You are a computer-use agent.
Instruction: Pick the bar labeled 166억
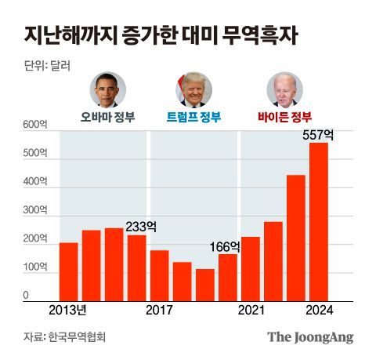point(228,278)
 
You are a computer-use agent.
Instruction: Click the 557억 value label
point(319,134)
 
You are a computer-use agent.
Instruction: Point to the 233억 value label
point(141,226)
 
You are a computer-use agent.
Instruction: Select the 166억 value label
point(225,246)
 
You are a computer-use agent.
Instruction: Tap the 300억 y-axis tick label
point(36,211)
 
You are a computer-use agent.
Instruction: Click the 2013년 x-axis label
point(68,311)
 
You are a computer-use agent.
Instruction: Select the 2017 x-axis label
point(160,311)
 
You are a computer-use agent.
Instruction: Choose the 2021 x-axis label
point(251,311)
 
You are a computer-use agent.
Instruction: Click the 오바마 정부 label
point(108,118)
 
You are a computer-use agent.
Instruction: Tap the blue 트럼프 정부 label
point(193,118)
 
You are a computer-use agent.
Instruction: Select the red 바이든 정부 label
point(284,118)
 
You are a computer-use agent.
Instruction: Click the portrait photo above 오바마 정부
point(108,89)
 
